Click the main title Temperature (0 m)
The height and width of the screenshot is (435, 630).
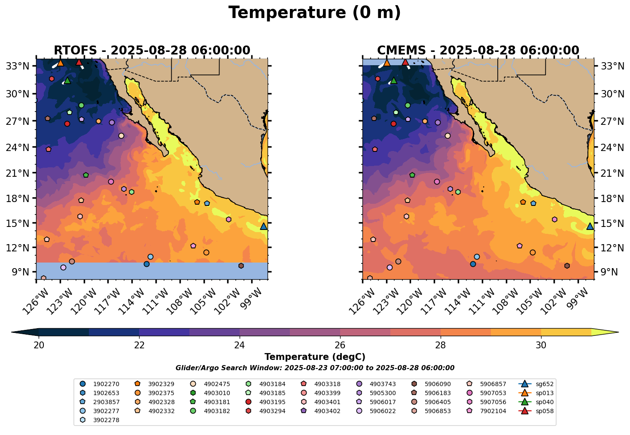click(x=314, y=13)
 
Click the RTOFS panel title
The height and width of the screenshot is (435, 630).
click(x=152, y=51)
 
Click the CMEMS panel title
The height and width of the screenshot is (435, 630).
click(x=478, y=51)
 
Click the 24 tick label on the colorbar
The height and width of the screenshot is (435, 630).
click(x=240, y=345)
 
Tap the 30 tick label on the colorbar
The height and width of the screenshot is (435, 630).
click(x=541, y=345)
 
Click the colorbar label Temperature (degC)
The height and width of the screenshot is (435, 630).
click(x=315, y=357)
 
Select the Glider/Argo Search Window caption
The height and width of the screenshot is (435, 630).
click(x=315, y=368)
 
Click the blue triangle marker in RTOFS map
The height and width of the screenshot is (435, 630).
click(x=264, y=226)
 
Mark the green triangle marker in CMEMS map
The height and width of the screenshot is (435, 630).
click(x=393, y=80)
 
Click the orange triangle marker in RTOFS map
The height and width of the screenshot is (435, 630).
click(x=61, y=63)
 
